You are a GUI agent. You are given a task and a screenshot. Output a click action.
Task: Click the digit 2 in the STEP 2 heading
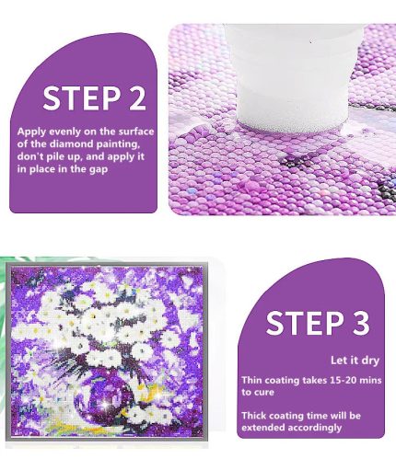136,98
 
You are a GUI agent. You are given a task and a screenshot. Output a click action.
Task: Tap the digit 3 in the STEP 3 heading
360,323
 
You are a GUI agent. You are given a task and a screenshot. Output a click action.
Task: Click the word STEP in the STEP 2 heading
81,98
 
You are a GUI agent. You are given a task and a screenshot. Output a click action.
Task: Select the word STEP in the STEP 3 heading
305,323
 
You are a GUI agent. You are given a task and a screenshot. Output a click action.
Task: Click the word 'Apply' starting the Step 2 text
32,132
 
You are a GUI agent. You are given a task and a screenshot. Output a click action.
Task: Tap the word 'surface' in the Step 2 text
136,132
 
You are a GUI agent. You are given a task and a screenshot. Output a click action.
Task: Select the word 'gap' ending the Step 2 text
99,170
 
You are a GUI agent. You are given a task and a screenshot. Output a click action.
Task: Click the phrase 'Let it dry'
355,361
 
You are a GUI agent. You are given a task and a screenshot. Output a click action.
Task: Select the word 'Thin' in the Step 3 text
251,381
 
